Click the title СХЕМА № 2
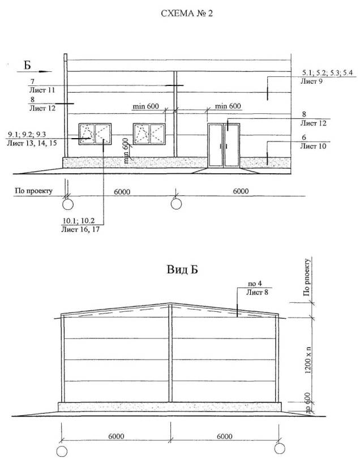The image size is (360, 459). pyautogui.click(x=187, y=14)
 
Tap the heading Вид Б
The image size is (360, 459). pyautogui.click(x=182, y=269)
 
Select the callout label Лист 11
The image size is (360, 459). pyautogui.click(x=42, y=90)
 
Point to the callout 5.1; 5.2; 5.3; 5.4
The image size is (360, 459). pyautogui.click(x=327, y=72)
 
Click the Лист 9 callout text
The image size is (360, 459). pyautogui.click(x=311, y=81)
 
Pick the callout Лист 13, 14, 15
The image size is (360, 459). pyautogui.click(x=32, y=143)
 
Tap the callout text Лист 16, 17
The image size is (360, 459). pyautogui.click(x=80, y=229)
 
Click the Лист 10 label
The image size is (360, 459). pyautogui.click(x=313, y=146)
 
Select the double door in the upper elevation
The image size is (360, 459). pyautogui.click(x=224, y=145)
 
